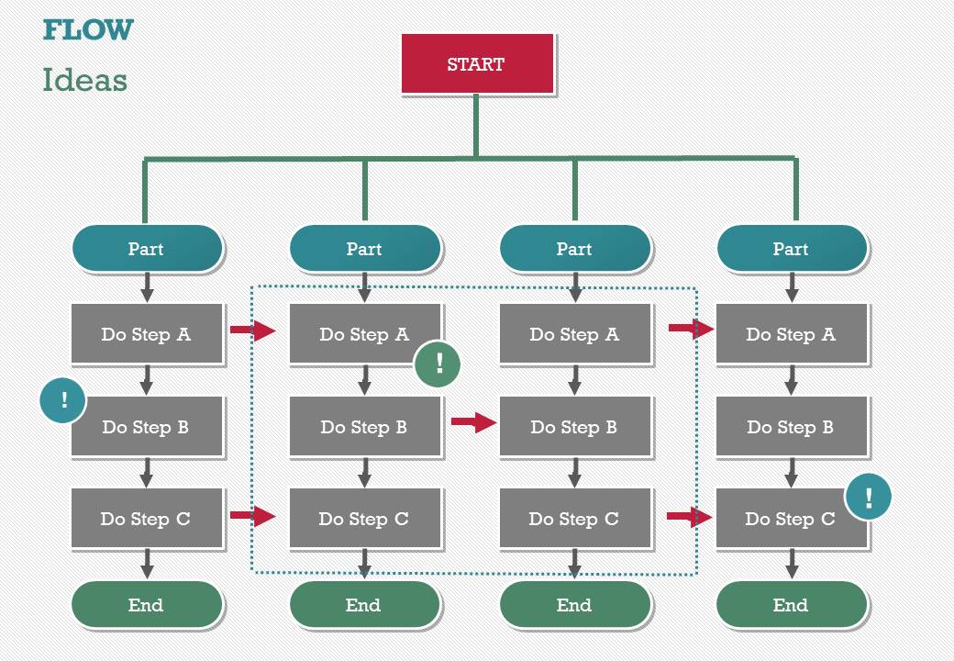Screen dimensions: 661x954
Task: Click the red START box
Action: (x=477, y=64)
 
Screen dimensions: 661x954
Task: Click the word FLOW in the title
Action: (x=88, y=29)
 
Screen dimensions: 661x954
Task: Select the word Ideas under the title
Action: (x=84, y=81)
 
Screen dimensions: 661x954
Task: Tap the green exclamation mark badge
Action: (x=438, y=364)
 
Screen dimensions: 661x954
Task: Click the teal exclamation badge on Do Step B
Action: (x=63, y=400)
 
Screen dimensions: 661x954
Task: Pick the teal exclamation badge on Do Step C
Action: (x=868, y=498)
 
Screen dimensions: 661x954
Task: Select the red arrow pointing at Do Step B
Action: (x=473, y=422)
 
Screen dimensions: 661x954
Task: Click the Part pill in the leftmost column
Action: (x=147, y=249)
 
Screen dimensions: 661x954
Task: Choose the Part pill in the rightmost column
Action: (x=792, y=249)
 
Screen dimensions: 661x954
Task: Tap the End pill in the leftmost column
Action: (x=147, y=605)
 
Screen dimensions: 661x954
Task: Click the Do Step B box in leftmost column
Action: (x=147, y=427)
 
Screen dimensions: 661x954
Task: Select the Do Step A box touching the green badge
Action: (x=365, y=334)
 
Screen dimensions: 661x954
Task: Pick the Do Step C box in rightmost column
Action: (x=791, y=520)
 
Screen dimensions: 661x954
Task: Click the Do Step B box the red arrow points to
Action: (x=575, y=427)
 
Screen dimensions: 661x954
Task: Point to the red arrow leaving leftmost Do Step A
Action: (x=252, y=330)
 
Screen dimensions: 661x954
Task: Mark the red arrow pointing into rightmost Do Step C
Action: (x=690, y=517)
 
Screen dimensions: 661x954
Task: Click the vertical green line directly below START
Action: (x=476, y=125)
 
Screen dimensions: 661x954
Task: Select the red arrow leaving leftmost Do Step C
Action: (x=252, y=516)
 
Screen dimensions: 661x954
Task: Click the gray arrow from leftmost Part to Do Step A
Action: (x=147, y=287)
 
